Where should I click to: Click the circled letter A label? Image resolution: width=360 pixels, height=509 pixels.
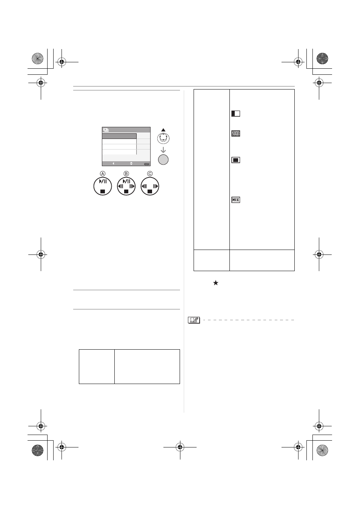tap(103, 174)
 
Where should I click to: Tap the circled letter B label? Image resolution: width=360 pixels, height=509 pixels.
tap(126, 174)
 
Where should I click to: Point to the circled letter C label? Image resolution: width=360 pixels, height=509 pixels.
tap(150, 174)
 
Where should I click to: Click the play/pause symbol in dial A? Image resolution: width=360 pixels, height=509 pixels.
tap(103, 181)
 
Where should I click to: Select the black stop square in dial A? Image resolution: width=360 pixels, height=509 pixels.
tap(103, 191)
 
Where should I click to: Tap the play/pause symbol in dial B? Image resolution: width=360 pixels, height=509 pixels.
tap(126, 181)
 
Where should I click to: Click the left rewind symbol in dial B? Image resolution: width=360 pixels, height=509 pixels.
tap(120, 186)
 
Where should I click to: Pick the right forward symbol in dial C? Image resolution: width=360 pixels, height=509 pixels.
tap(155, 186)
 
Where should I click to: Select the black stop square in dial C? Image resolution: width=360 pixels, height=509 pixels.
tap(150, 191)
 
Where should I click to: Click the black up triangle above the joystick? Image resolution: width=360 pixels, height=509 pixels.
tap(163, 130)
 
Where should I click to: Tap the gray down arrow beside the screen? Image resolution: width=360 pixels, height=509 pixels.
tap(163, 150)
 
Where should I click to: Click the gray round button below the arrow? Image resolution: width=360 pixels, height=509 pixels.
tap(163, 159)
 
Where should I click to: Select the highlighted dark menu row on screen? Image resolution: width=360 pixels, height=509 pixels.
tap(119, 136)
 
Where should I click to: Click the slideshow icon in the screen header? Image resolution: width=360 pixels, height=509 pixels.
tap(106, 130)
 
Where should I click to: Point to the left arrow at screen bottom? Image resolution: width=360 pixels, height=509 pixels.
tap(113, 163)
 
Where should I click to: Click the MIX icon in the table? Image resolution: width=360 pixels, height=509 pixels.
tap(235, 200)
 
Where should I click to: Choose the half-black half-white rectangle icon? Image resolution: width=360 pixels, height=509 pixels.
tap(235, 113)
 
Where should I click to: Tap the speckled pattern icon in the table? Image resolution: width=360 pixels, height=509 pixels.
tap(235, 133)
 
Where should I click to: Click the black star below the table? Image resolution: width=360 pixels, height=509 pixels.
tap(215, 283)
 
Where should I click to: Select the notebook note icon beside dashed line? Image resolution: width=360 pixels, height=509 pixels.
tap(194, 320)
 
